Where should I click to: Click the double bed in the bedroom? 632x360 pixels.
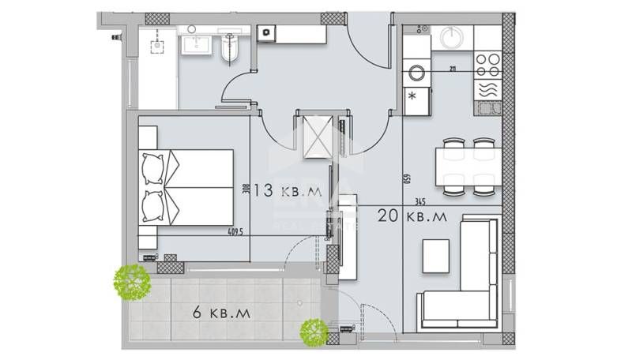pos(186,187)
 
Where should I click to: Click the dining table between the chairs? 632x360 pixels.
pos(468,167)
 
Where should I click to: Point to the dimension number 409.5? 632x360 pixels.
pos(235,232)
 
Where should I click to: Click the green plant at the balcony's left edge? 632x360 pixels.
pos(132,281)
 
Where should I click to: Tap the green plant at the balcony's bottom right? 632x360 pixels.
pos(314,332)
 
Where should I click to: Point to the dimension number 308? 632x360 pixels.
pos(246,190)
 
